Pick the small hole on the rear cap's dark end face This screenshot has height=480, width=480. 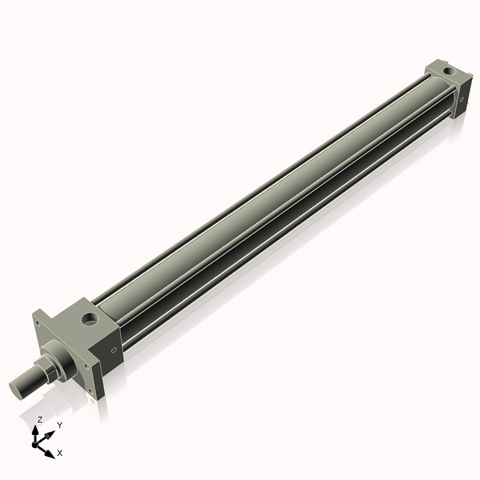pos(462,98)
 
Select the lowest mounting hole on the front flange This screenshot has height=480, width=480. pos(94,390)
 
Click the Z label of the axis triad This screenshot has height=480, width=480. pos(39,420)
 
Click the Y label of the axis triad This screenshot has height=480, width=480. pos(59,425)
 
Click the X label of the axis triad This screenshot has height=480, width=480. pos(60,453)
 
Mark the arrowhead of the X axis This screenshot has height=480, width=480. pos(50,454)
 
